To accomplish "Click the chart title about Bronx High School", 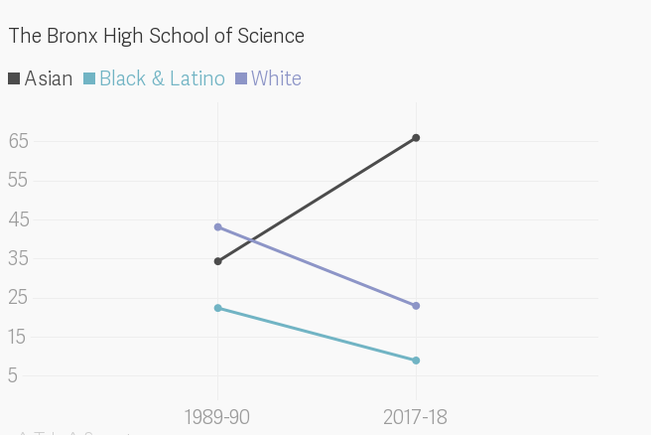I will pyautogui.click(x=156, y=36).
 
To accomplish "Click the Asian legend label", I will pyautogui.click(x=48, y=78).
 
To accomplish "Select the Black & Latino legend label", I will pyautogui.click(x=162, y=78).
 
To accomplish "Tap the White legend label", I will pyautogui.click(x=276, y=78).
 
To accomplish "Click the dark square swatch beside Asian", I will pyautogui.click(x=14, y=78).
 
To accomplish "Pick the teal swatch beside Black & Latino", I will pyautogui.click(x=89, y=78).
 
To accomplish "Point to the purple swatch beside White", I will pyautogui.click(x=241, y=78).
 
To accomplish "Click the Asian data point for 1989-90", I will pyautogui.click(x=218, y=261).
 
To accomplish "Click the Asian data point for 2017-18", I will pyautogui.click(x=416, y=138).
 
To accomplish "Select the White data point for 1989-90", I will pyautogui.click(x=218, y=227).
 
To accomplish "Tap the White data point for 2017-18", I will pyautogui.click(x=416, y=306).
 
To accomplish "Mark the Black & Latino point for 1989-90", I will pyautogui.click(x=218, y=308).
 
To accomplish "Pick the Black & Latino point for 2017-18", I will pyautogui.click(x=416, y=361).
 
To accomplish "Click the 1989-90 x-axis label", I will pyautogui.click(x=217, y=416).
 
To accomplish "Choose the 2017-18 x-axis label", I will pyautogui.click(x=415, y=416).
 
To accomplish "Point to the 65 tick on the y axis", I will pyautogui.click(x=19, y=141).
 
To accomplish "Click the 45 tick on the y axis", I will pyautogui.click(x=19, y=219).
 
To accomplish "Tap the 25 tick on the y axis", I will pyautogui.click(x=19, y=297).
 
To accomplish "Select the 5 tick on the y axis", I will pyautogui.click(x=14, y=375).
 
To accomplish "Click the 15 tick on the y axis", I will pyautogui.click(x=19, y=337).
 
